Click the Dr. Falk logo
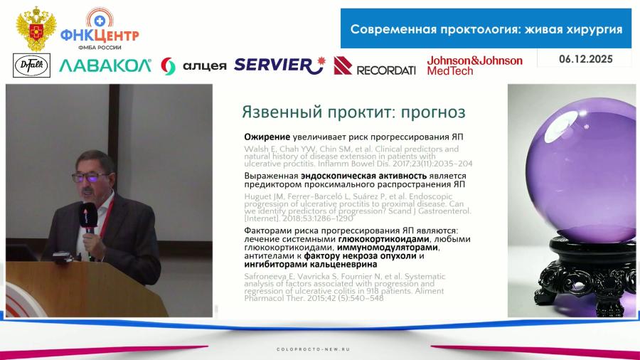tap(32, 65)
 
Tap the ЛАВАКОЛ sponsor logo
tap(105, 65)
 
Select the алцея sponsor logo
tap(193, 65)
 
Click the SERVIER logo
tap(279, 65)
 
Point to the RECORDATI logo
tap(375, 66)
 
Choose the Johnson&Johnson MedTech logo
tap(474, 65)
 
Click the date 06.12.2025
tap(586, 59)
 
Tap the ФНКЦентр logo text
tap(100, 34)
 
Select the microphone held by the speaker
tap(88, 217)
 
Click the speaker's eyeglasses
tap(91, 176)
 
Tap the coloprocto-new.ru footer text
tap(319, 349)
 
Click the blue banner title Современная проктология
tap(486, 29)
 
